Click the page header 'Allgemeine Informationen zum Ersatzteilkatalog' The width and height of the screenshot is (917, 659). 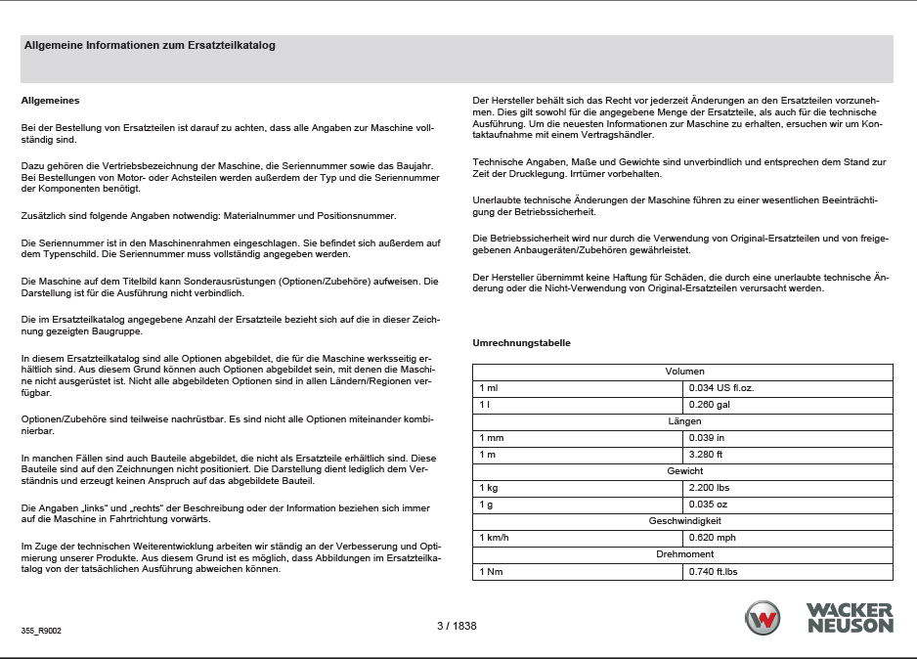[150, 45]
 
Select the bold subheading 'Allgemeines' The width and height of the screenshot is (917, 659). [50, 101]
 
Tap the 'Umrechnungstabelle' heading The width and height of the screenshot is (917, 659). [521, 343]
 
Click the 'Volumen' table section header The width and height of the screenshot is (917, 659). [683, 372]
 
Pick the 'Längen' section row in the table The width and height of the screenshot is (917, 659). [683, 421]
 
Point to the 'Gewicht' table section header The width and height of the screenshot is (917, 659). [683, 471]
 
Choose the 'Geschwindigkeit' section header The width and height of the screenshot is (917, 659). [683, 521]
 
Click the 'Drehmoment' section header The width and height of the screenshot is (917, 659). [683, 554]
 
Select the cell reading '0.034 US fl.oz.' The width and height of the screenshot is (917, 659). [721, 388]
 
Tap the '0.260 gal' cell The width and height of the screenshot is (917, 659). [710, 405]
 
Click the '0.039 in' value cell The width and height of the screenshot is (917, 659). [707, 438]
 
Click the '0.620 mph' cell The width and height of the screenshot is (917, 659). [713, 538]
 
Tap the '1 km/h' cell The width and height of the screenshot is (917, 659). [495, 538]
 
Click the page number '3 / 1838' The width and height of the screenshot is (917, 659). [457, 626]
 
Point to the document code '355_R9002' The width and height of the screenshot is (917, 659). [41, 633]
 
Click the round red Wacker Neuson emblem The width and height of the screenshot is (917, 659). [763, 619]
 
